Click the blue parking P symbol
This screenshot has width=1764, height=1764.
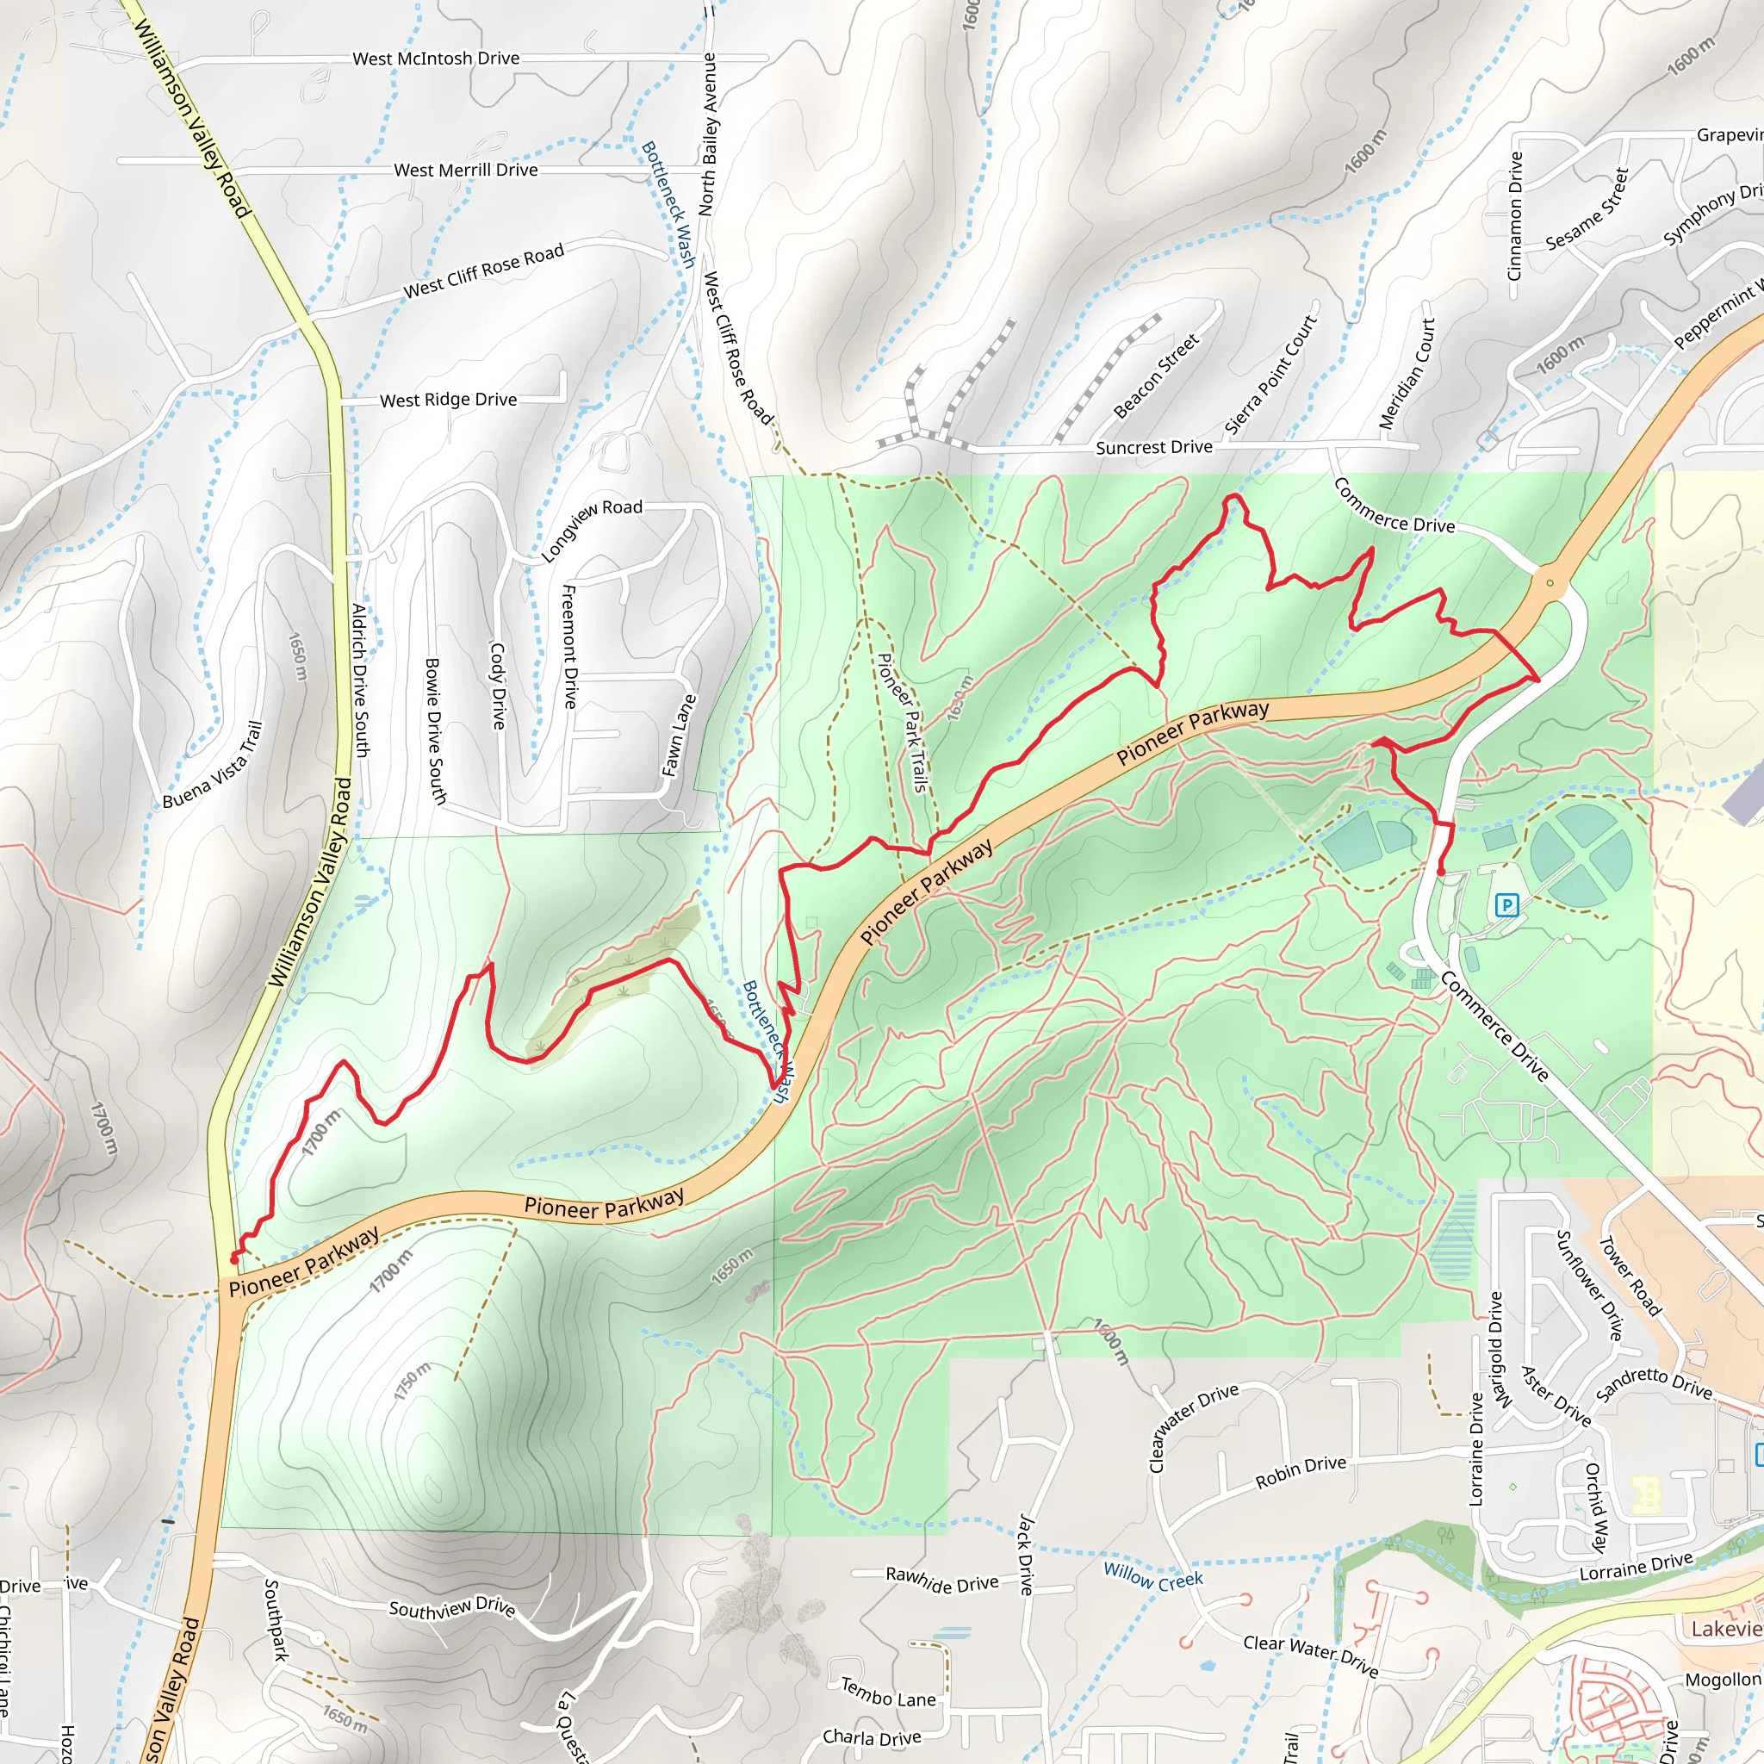(1506, 906)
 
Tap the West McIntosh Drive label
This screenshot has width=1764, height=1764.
(436, 59)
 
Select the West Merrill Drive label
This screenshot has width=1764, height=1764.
(466, 170)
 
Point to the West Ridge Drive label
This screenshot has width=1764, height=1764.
(447, 400)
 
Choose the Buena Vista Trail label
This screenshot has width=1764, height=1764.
(213, 765)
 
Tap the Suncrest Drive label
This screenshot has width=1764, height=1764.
(1154, 447)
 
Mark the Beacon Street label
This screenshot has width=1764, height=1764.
(1156, 377)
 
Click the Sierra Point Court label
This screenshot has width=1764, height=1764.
(1271, 376)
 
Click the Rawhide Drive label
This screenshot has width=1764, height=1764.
(942, 1580)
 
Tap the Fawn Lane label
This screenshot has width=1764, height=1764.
(679, 736)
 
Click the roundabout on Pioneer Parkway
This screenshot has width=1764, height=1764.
(1550, 582)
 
